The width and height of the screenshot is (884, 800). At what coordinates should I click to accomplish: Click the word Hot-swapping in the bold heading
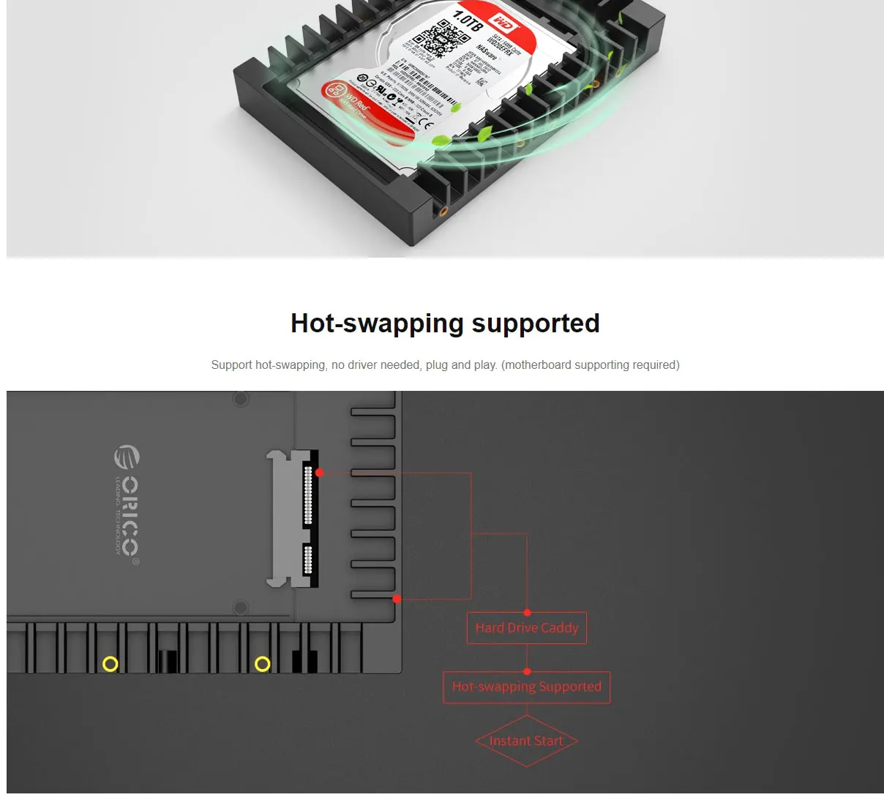[377, 324]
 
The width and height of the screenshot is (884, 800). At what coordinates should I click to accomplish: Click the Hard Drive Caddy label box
[527, 628]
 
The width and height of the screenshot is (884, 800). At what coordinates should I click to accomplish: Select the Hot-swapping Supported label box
[527, 687]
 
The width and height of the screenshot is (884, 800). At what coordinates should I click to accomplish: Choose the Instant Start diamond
[527, 741]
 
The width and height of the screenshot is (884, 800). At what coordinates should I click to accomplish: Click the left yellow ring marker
[110, 664]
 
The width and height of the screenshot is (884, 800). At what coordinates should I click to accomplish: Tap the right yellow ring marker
[263, 664]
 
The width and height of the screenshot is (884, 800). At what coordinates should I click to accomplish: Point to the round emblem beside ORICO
[127, 457]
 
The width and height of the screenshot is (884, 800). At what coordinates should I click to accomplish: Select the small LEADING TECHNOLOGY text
[117, 515]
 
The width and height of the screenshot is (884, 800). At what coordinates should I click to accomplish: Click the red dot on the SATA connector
[319, 473]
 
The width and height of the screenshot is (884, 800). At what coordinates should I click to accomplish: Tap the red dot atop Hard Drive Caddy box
[527, 613]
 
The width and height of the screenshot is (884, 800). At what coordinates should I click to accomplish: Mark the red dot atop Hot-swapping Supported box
[527, 671]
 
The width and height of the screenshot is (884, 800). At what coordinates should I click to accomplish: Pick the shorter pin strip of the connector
[308, 560]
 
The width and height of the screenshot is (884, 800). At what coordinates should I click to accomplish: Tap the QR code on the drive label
[443, 38]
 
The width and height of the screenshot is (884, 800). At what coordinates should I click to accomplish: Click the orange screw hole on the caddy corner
[443, 212]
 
